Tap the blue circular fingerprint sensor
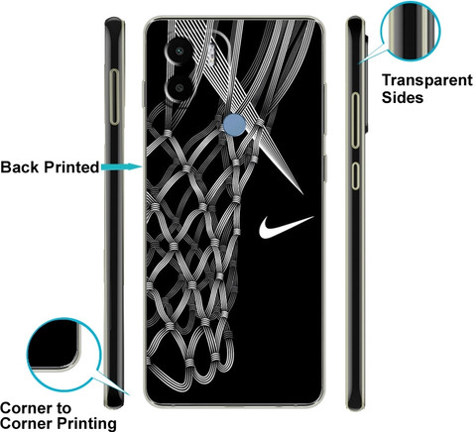click(x=234, y=125)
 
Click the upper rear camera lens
click(x=179, y=52)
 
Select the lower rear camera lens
click(x=179, y=87)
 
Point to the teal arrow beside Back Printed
click(x=121, y=166)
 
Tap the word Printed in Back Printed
click(x=71, y=167)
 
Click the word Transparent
click(x=427, y=80)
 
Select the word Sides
click(x=403, y=97)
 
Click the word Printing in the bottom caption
click(x=87, y=424)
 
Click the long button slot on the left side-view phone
click(x=114, y=97)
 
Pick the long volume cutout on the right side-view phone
click(x=355, y=120)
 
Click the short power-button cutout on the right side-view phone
click(x=355, y=175)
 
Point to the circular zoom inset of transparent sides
click(x=411, y=31)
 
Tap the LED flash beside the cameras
click(x=210, y=54)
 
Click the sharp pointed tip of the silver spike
click(x=302, y=193)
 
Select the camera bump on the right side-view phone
click(x=366, y=81)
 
